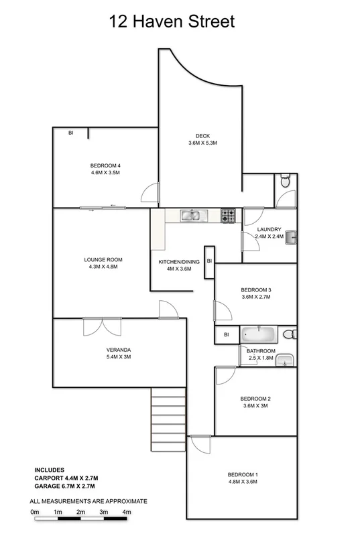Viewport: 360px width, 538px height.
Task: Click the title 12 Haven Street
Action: tap(172, 22)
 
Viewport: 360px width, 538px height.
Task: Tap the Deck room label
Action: tap(202, 135)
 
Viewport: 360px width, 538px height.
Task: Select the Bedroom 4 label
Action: tap(105, 165)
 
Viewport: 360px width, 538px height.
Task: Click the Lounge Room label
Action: tap(103, 259)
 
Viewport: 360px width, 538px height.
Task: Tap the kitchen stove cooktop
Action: tap(229, 216)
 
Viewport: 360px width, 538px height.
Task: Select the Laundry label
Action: tap(269, 229)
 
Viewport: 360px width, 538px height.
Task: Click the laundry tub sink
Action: tap(290, 235)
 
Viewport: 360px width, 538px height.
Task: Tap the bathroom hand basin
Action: tap(287, 360)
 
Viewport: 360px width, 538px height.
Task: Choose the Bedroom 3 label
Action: tap(255, 289)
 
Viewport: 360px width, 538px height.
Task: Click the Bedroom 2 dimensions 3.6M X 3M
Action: tap(255, 406)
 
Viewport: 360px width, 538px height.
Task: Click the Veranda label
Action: tap(118, 350)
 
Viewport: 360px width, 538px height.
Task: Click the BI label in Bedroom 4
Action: tap(70, 133)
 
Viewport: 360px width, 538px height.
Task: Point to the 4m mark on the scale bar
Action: tap(126, 512)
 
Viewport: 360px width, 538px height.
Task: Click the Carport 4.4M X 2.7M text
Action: tap(66, 478)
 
